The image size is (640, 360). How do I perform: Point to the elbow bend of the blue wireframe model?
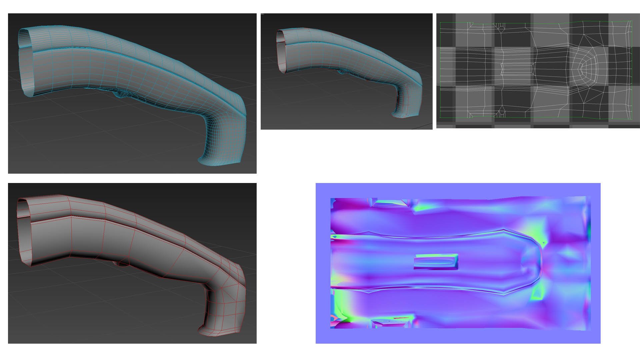[230, 110]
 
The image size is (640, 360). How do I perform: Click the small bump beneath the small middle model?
[342, 71]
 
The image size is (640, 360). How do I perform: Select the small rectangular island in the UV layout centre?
[517, 69]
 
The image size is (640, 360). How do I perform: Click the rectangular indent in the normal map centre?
[436, 262]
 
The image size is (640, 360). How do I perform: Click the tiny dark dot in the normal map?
[544, 243]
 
